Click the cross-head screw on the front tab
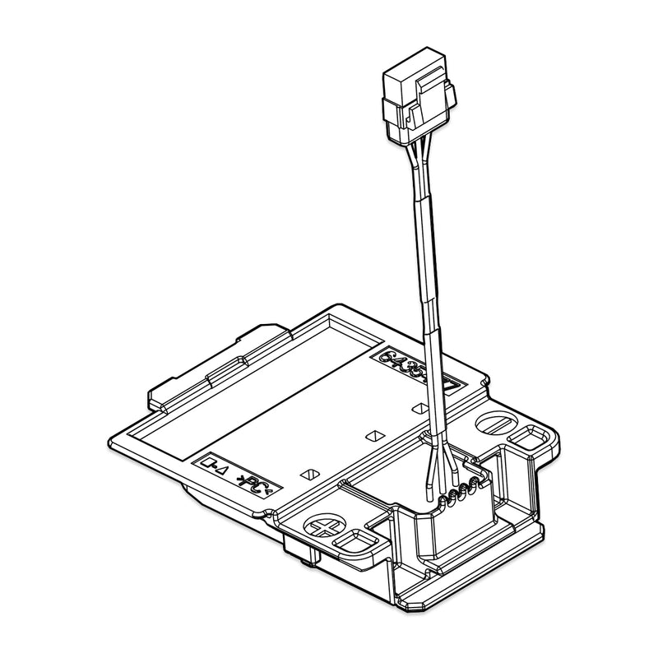coord(322,526)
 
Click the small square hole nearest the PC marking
coord(310,474)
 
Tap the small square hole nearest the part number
coord(419,407)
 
